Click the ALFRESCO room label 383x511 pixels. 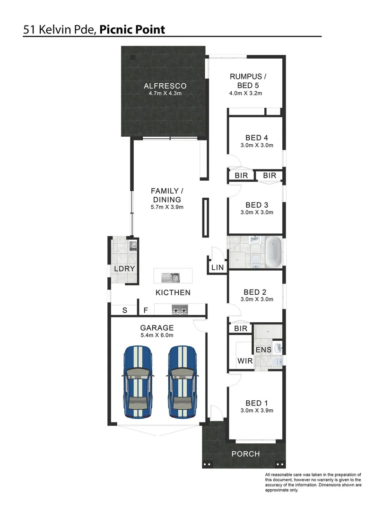point(165,86)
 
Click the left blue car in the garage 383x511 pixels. point(138,381)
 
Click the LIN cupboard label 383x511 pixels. point(217,268)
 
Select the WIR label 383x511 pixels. point(244,361)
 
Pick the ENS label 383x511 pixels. point(263,350)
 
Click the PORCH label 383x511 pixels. point(245,454)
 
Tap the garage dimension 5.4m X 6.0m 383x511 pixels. point(157,335)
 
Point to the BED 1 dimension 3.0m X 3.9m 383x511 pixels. point(257,411)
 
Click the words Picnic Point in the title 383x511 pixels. point(132,30)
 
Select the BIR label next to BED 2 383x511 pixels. point(241,328)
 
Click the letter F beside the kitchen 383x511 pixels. point(146,310)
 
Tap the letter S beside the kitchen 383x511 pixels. point(125,310)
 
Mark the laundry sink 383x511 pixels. point(133,245)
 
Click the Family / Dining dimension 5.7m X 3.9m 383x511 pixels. point(166,207)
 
